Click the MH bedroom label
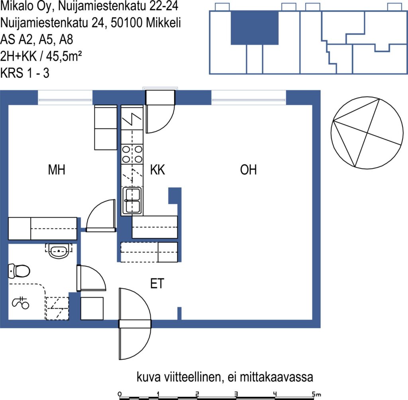click(x=57, y=169)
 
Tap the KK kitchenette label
click(x=157, y=169)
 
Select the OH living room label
click(x=248, y=169)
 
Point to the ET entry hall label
click(x=157, y=283)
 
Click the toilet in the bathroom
click(x=19, y=271)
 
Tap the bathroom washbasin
click(x=59, y=251)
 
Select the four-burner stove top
click(x=132, y=154)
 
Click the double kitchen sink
click(x=132, y=201)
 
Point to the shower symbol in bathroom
click(x=20, y=303)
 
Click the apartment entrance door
click(x=135, y=324)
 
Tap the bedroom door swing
click(x=101, y=216)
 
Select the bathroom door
click(x=91, y=278)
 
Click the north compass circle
click(x=367, y=133)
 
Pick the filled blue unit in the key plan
click(x=255, y=28)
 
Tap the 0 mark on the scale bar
click(x=120, y=394)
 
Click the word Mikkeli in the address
click(x=163, y=23)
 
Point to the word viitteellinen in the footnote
click(x=192, y=377)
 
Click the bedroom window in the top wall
click(x=65, y=98)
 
